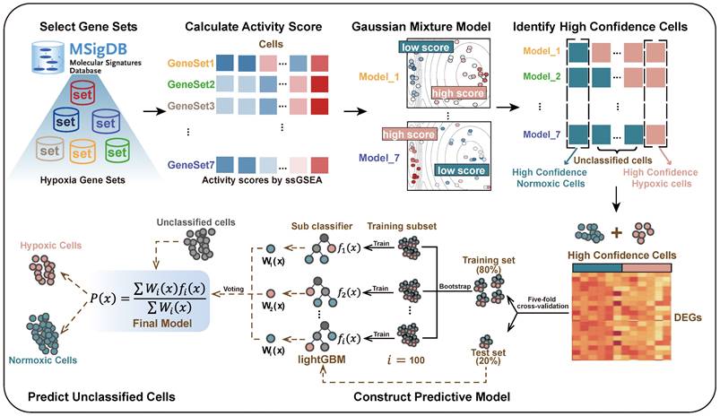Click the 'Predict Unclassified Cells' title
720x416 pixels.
pos(88,395)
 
